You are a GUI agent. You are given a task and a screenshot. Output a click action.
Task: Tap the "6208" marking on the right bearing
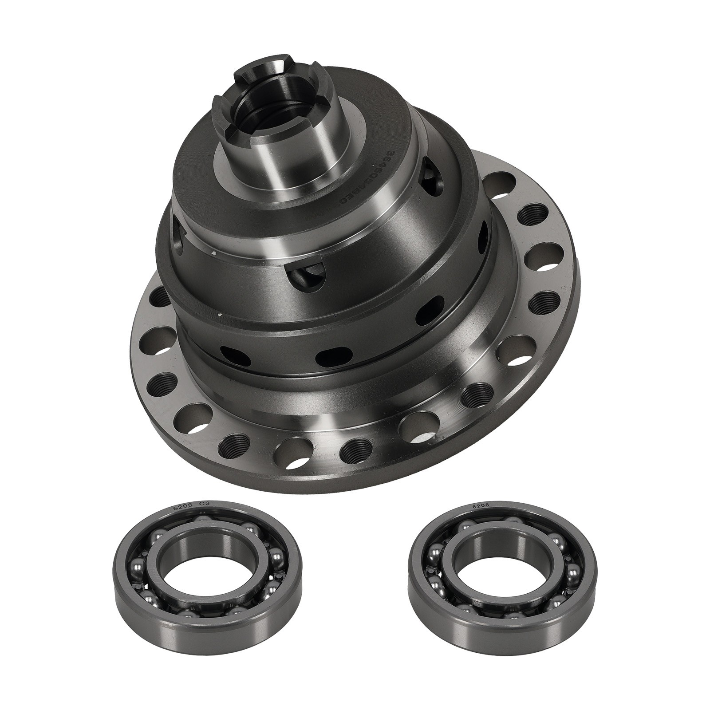pos(482,505)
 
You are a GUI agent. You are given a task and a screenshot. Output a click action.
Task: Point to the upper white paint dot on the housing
pos(215,253)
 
